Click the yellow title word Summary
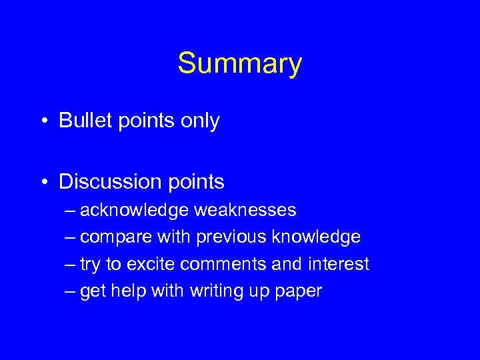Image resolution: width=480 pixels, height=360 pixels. [x=239, y=64]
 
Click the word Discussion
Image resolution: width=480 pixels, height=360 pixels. [x=109, y=181]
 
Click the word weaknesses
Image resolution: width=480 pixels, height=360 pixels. [x=245, y=211]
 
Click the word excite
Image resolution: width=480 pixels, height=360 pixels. [x=151, y=264]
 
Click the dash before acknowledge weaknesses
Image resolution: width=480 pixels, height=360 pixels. [x=71, y=211]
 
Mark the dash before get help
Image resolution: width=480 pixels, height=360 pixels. [x=71, y=291]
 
